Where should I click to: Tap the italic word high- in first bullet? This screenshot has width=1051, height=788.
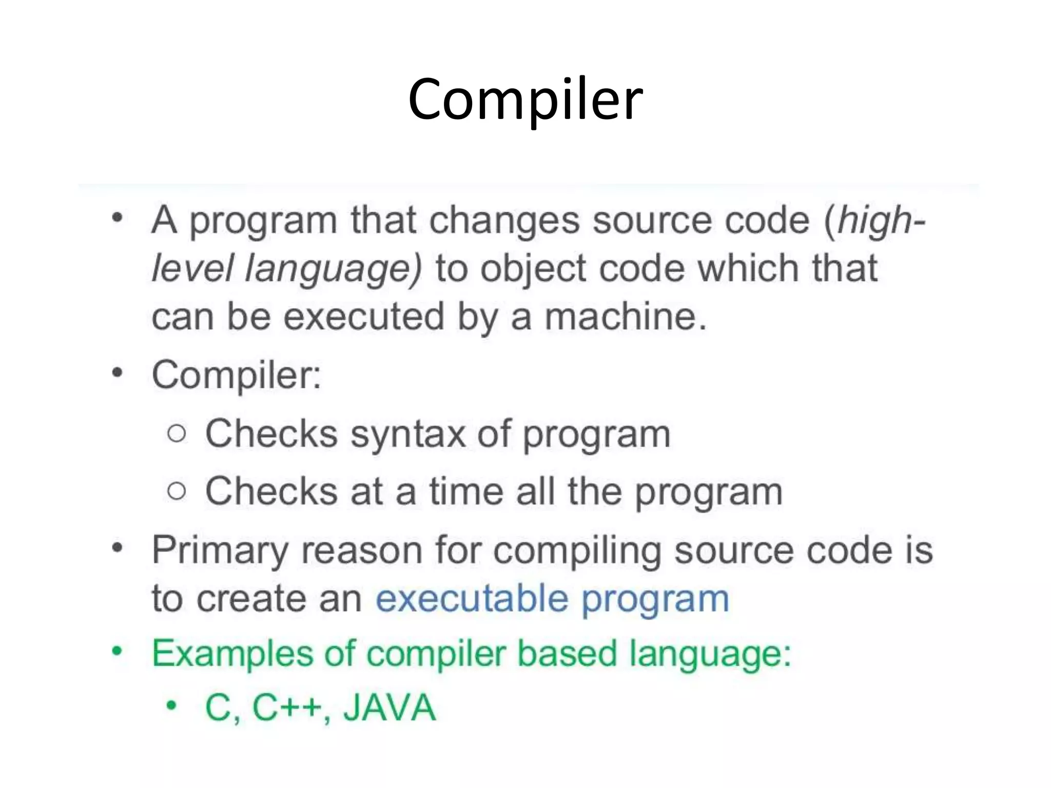[881, 221]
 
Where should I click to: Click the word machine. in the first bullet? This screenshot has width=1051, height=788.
[626, 317]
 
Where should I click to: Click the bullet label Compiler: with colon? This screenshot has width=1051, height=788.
[237, 375]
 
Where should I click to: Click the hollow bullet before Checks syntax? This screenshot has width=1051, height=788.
[177, 434]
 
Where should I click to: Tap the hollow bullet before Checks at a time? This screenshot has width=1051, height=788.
[177, 491]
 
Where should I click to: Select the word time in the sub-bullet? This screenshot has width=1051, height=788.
[466, 491]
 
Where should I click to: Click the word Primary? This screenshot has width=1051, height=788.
[220, 551]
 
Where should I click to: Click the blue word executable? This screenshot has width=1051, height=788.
[472, 599]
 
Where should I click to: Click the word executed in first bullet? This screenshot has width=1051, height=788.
[364, 317]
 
